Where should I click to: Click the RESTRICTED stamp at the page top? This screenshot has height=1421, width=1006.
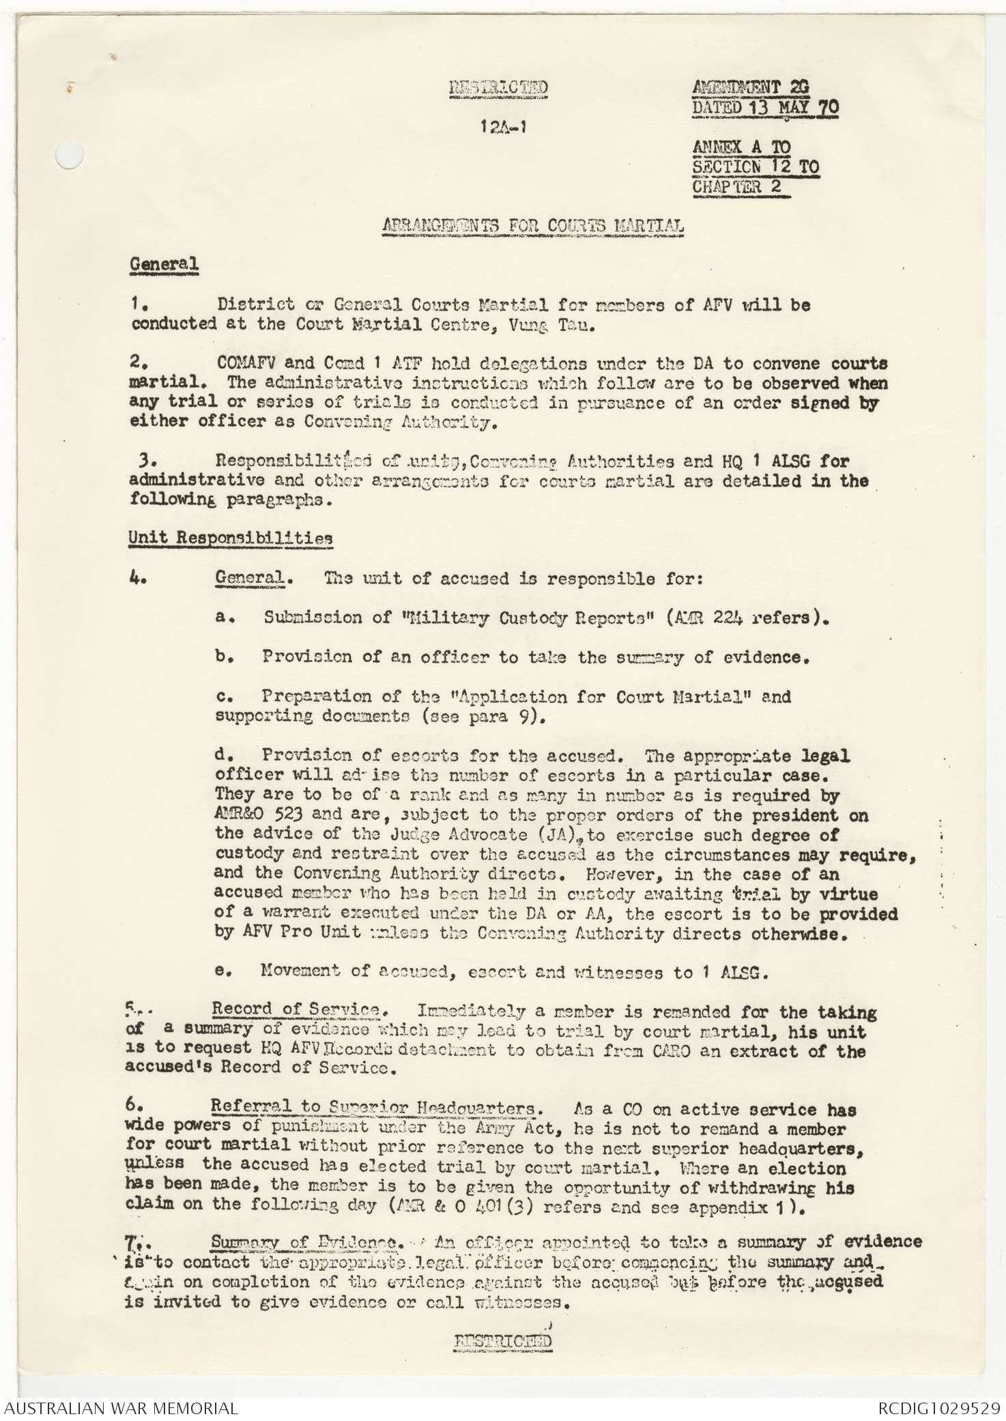498,88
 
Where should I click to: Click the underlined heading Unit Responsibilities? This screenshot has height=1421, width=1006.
231,538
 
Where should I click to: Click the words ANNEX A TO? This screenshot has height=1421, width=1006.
741,147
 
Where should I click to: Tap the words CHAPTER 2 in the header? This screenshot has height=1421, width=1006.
737,186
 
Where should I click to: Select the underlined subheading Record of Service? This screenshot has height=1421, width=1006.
295,1009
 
